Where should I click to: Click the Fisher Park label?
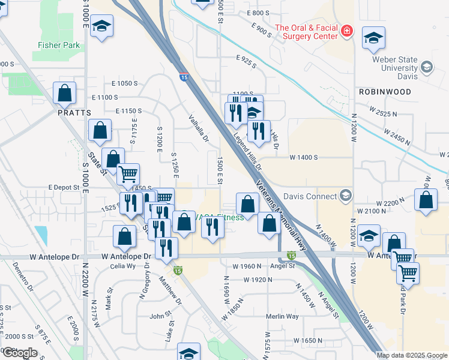pyautogui.click(x=59, y=44)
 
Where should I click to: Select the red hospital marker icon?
pyautogui.click(x=346, y=31)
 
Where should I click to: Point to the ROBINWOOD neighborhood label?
pyautogui.click(x=385, y=92)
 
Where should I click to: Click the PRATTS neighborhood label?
pyautogui.click(x=74, y=112)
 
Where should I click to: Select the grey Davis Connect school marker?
pyautogui.click(x=345, y=195)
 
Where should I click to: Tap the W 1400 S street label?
pyautogui.click(x=303, y=157)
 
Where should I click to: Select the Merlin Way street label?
pyautogui.click(x=283, y=316)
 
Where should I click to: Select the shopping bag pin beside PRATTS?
pyautogui.click(x=65, y=93)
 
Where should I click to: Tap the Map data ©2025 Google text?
pyautogui.click(x=412, y=355)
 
